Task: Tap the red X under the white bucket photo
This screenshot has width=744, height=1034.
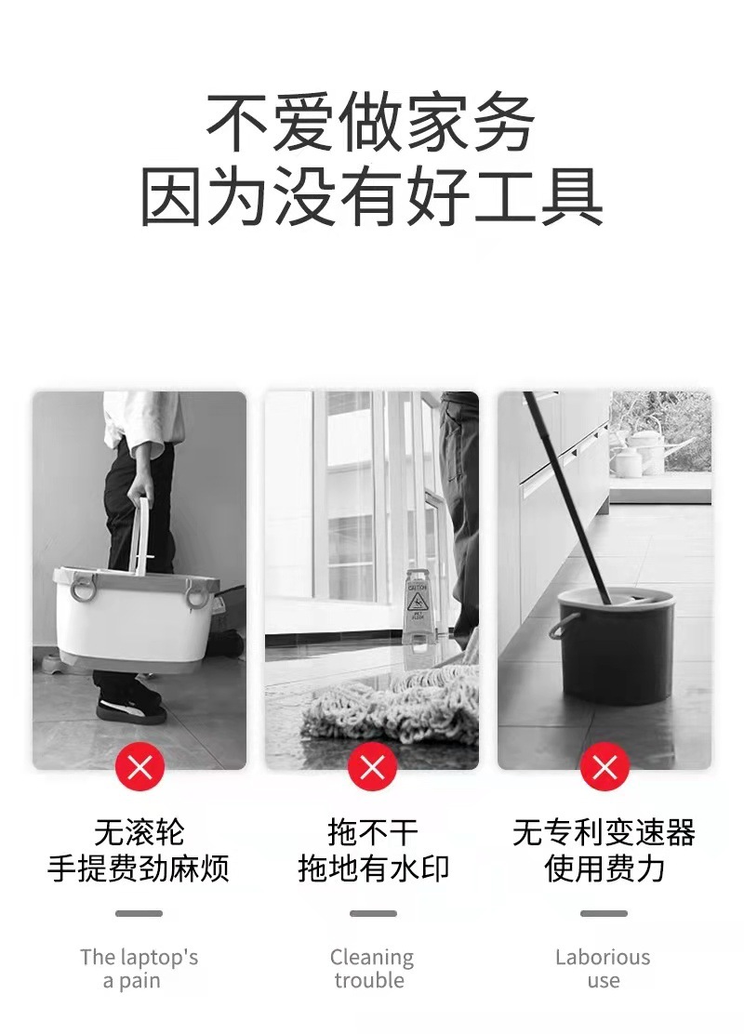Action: point(139,767)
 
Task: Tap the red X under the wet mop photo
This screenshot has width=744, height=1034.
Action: point(372,767)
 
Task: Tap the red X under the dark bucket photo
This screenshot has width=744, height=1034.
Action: point(604,767)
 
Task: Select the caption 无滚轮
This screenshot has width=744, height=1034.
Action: point(139,832)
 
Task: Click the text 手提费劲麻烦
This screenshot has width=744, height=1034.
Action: point(139,869)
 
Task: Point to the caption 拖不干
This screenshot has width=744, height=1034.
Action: point(372,832)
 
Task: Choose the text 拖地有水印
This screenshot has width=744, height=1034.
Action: point(372,869)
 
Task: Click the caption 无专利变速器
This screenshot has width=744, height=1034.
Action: point(604,832)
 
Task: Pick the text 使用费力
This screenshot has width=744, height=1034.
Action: point(604,869)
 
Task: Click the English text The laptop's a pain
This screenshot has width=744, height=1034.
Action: point(139,968)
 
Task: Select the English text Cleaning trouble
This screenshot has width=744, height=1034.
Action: point(371,968)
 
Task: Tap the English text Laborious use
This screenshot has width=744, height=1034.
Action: point(603,968)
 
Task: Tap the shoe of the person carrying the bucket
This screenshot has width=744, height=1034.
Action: point(131,708)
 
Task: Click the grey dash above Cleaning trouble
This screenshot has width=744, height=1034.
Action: point(372,913)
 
